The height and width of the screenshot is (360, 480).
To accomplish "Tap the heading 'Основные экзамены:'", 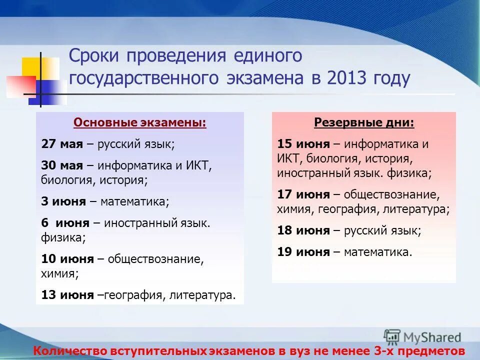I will pos(139,123).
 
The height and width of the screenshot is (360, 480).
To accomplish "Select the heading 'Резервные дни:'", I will pos(364,123).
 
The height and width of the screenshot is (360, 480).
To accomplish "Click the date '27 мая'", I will pos(62,144).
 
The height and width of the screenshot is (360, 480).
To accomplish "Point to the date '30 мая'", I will pos(62,165).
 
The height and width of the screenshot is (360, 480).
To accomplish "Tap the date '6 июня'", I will pos(65,223).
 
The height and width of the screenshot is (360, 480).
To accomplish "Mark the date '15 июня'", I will pos(303,144).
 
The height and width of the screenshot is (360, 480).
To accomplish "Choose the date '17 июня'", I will pos(303,194).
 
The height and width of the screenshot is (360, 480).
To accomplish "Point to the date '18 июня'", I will pos(303,230).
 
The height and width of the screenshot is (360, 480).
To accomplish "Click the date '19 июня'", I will pos(303,252).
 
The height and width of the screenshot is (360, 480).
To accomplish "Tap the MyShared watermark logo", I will pos(422,336).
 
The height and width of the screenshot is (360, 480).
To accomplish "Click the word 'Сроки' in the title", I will pos(94,56).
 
